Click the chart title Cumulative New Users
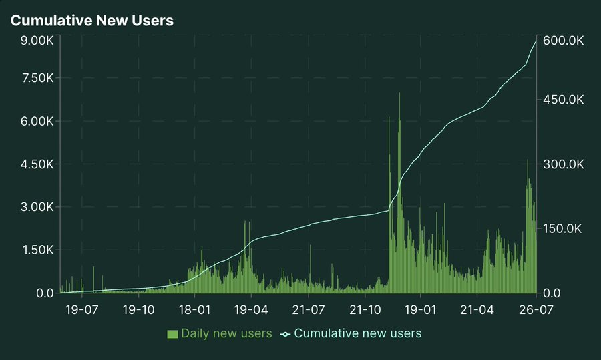pos(92,21)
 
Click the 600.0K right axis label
pos(564,41)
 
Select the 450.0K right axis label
pos(564,100)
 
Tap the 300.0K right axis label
pos(564,164)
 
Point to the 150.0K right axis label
pos(564,228)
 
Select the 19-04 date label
pos(251,310)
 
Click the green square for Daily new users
pos(173,333)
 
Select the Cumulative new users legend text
pos(357,333)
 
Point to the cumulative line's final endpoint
pos(536,41)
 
